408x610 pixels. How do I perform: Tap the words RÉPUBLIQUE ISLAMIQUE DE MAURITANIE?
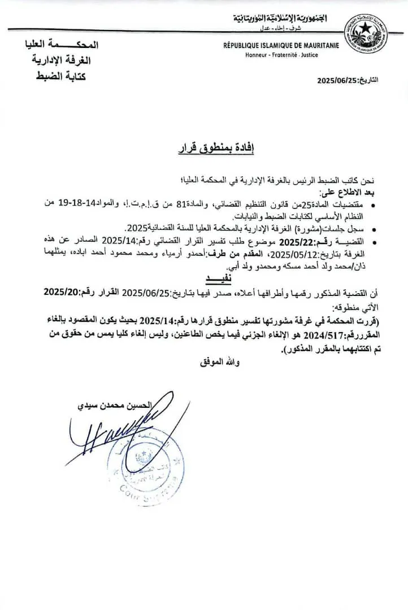[281, 45]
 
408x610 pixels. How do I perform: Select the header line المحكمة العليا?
[62, 45]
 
